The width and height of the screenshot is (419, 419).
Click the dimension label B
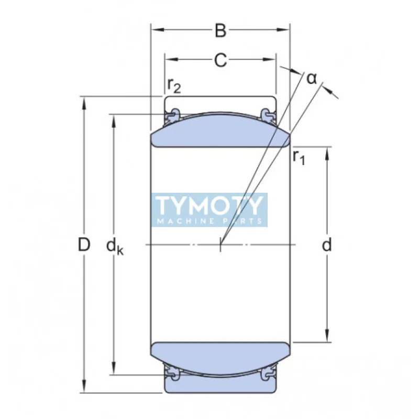[220, 31]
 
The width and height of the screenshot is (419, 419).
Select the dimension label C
[220, 61]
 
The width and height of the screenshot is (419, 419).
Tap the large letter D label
[84, 244]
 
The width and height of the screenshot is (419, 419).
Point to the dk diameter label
[114, 246]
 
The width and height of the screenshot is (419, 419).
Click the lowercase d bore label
[327, 245]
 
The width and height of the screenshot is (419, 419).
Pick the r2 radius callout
[174, 85]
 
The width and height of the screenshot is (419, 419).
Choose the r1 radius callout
[299, 157]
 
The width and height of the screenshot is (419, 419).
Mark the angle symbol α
[312, 79]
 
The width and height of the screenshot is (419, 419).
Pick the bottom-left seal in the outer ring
[172, 373]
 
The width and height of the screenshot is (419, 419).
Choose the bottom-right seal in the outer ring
[268, 373]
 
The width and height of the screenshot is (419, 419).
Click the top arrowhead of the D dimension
[83, 101]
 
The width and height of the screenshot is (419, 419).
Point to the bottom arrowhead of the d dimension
[327, 338]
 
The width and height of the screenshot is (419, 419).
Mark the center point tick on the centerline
[220, 245]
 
